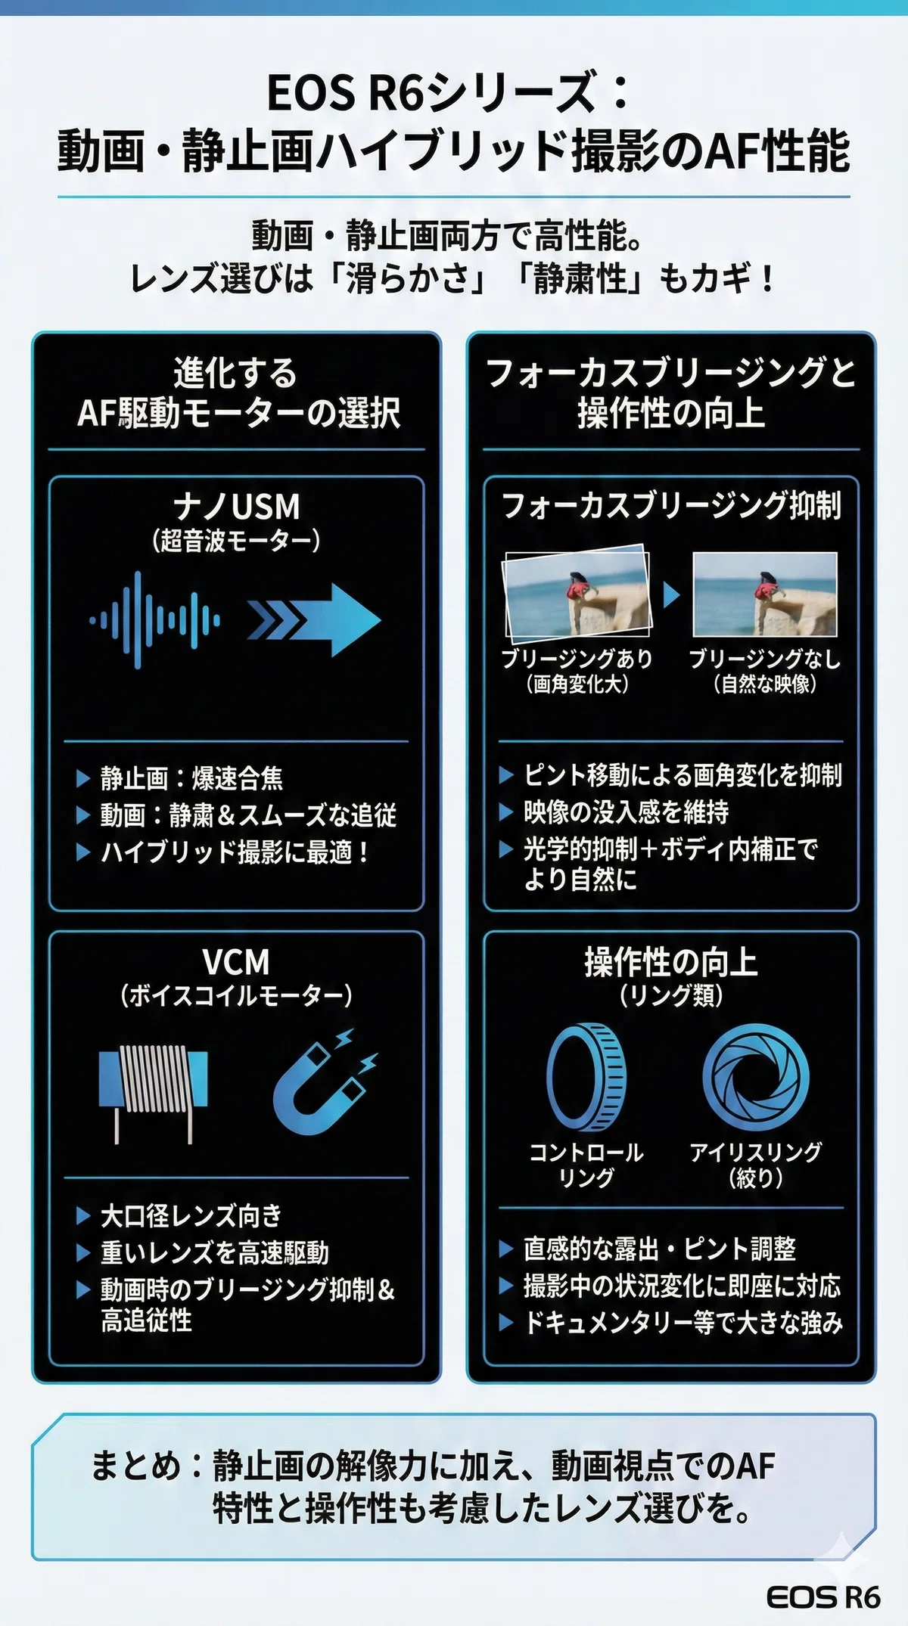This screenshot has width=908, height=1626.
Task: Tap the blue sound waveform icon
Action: click(x=154, y=620)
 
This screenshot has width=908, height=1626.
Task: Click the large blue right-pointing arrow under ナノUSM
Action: click(x=314, y=619)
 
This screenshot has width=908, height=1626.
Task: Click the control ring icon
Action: click(x=586, y=1077)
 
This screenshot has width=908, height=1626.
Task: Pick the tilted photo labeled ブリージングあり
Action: click(x=578, y=593)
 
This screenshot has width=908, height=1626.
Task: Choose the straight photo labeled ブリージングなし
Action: click(x=765, y=594)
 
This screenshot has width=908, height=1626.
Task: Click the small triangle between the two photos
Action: click(x=671, y=594)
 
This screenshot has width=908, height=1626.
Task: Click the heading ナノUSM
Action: click(x=236, y=506)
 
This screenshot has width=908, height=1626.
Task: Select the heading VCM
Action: click(x=236, y=962)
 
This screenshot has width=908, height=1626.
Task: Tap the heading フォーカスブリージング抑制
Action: click(x=671, y=505)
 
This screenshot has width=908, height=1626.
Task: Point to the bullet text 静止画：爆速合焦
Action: click(x=192, y=777)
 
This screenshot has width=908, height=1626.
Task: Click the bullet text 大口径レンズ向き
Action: click(x=191, y=1215)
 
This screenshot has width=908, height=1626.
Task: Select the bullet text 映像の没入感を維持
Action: click(x=627, y=811)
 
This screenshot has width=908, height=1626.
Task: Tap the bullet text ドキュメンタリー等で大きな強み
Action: click(x=683, y=1323)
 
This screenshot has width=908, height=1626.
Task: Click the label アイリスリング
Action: click(x=756, y=1152)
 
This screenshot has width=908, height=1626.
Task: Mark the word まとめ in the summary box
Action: click(x=136, y=1465)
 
